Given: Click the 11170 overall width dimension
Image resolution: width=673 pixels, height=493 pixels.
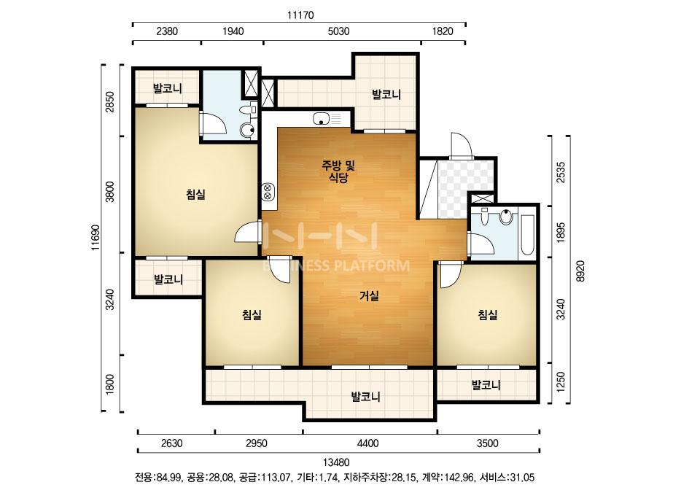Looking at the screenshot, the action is pyautogui.click(x=300, y=15).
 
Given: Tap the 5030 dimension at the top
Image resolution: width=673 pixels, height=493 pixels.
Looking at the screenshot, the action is pyautogui.click(x=338, y=31).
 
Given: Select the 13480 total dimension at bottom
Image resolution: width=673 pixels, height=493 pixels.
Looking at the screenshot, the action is pyautogui.click(x=336, y=462).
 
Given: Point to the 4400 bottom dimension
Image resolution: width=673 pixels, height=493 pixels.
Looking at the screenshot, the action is pyautogui.click(x=367, y=443).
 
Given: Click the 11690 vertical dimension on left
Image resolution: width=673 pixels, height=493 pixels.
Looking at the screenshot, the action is pyautogui.click(x=96, y=238).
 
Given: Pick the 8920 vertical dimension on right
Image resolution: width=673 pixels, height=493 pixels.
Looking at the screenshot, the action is pyautogui.click(x=580, y=271).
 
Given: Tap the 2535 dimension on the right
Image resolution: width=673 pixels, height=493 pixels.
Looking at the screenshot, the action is pyautogui.click(x=561, y=172).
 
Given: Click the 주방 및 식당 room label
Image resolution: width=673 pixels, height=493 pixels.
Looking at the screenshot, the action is pyautogui.click(x=338, y=171).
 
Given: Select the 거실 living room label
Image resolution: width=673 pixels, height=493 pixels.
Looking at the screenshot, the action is pyautogui.click(x=369, y=295).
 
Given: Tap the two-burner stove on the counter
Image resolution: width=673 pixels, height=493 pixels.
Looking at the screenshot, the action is pyautogui.click(x=268, y=192).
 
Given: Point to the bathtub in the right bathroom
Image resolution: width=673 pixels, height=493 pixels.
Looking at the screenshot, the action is pyautogui.click(x=527, y=235).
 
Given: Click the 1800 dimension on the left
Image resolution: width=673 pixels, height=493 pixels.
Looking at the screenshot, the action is pyautogui.click(x=110, y=384).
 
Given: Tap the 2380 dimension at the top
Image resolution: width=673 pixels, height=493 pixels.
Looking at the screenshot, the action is pyautogui.click(x=167, y=31).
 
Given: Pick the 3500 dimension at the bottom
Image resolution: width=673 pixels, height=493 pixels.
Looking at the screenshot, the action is pyautogui.click(x=488, y=443).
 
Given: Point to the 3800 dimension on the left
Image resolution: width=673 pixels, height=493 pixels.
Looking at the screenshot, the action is pyautogui.click(x=110, y=192).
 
